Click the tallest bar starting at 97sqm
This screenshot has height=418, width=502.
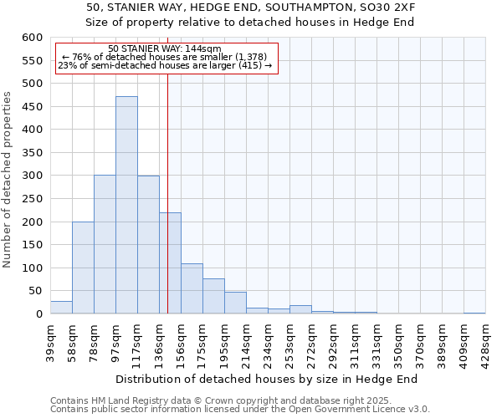(x=126, y=205)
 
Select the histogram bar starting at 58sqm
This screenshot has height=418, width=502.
(x=83, y=268)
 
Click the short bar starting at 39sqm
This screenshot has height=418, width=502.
(x=61, y=308)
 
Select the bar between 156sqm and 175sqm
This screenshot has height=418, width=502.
(x=192, y=288)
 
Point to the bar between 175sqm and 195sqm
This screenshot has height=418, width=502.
(x=213, y=296)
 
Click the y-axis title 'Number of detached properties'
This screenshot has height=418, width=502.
(x=8, y=180)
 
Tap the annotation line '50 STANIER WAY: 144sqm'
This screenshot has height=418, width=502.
(x=165, y=48)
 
